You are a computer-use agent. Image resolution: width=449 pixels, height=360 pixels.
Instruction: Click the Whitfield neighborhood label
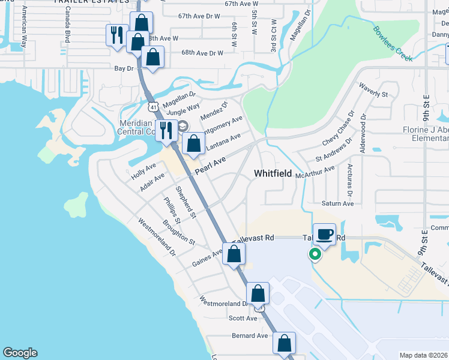273,173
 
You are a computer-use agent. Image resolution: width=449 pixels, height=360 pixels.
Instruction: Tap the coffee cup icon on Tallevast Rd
325,234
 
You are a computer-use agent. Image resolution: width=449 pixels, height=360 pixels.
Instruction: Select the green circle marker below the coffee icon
314,254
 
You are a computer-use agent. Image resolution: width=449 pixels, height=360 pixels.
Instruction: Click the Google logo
20,353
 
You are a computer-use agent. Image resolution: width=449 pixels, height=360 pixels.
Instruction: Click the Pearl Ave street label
211,163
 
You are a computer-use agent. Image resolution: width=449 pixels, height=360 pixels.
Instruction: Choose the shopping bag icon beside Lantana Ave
193,144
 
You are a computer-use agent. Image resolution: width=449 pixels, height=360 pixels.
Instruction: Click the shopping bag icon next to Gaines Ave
234,254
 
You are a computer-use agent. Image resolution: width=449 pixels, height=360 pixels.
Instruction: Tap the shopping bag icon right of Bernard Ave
284,344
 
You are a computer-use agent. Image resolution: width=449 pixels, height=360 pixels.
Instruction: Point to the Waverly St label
373,94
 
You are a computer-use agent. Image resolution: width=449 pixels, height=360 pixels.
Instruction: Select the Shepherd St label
185,202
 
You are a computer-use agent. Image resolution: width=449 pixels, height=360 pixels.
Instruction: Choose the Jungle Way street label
183,109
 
